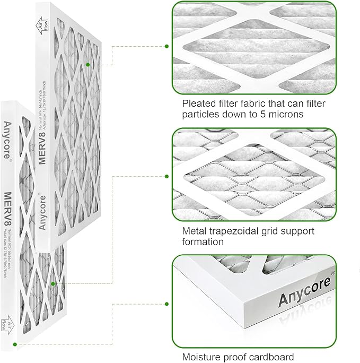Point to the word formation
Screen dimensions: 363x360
point(203,242)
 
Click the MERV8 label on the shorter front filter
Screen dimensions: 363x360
point(8,210)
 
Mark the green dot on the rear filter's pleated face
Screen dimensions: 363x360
point(88,65)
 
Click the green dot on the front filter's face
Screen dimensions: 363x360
point(53,284)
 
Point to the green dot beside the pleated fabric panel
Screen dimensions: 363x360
point(167,47)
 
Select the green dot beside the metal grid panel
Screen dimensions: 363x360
point(167,176)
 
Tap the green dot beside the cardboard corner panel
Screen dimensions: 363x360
point(167,304)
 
